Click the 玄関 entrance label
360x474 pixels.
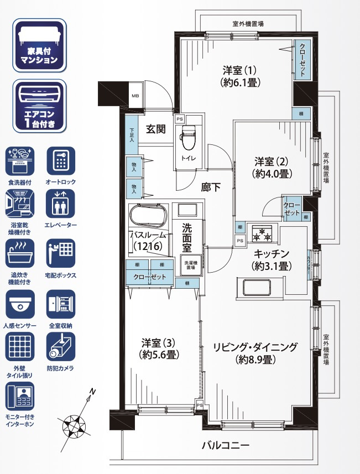[155, 129]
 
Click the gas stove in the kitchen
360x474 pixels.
[261, 233]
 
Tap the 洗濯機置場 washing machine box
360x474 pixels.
[190, 265]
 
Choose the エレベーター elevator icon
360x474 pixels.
[61, 205]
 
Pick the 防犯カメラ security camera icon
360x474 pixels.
[61, 348]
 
